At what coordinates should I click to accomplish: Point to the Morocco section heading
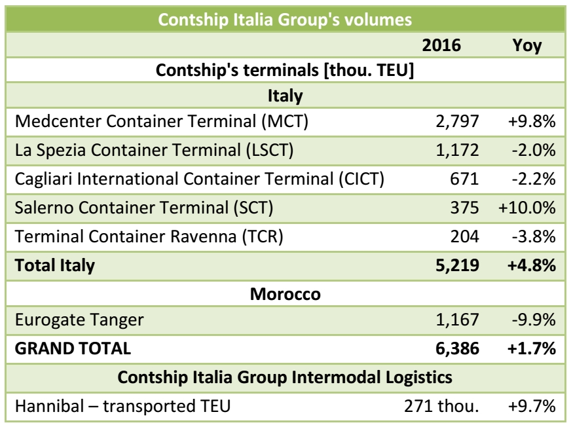coord(285,295)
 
